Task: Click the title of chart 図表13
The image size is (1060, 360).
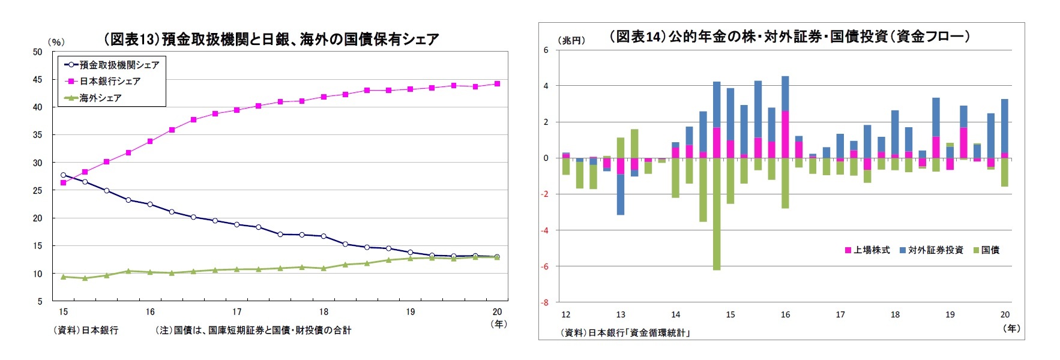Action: coord(271,40)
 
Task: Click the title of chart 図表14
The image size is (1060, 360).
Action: coord(789,37)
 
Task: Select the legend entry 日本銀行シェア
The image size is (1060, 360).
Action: coord(110,81)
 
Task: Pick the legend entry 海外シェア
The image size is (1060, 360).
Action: coord(100,98)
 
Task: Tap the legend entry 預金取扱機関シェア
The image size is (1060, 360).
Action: coord(119,65)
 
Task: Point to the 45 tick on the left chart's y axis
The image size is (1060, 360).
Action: coord(37,79)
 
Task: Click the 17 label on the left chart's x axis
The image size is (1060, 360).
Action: coord(237,311)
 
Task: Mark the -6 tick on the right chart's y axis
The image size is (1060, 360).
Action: coord(546,266)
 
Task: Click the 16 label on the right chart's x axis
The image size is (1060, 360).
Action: coord(785,314)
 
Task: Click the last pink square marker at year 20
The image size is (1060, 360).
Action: coord(497,84)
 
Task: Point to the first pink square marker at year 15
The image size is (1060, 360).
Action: coord(64,182)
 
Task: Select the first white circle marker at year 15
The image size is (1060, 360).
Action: coord(64,175)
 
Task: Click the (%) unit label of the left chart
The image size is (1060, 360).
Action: coord(56,42)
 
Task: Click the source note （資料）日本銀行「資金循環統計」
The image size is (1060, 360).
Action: coord(625,332)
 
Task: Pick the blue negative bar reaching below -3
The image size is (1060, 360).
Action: coord(621,194)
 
